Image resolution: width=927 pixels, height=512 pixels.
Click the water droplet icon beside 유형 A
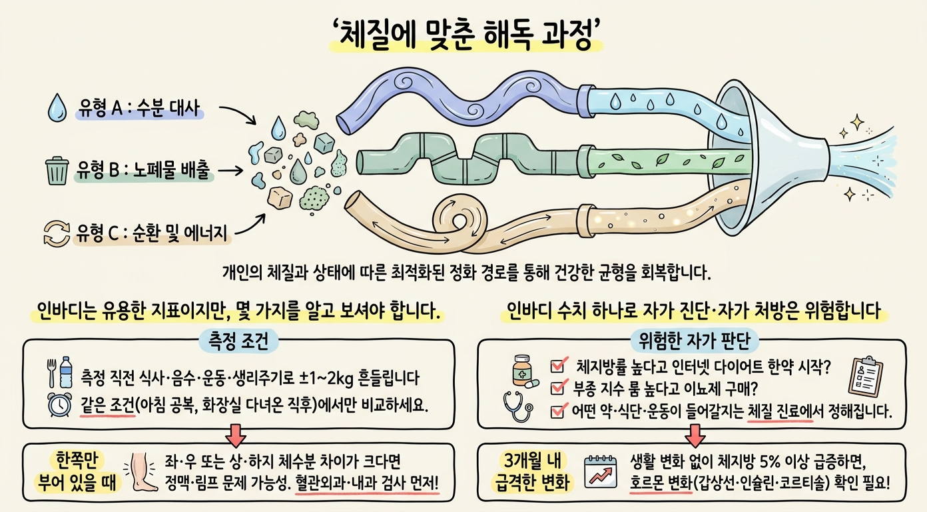[x=57, y=108]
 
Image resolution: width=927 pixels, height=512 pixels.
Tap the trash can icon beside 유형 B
[x=57, y=170]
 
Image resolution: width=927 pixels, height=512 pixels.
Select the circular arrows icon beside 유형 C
[x=57, y=233]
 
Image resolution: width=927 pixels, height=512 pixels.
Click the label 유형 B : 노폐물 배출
[x=143, y=170]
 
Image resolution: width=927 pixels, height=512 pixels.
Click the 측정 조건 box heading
[x=239, y=341]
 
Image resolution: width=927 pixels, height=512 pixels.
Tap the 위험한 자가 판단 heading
[x=695, y=341]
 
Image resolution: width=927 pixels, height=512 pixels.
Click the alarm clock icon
[x=59, y=404]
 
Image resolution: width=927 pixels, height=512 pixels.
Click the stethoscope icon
[x=517, y=407]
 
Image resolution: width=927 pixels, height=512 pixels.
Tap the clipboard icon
[x=865, y=377]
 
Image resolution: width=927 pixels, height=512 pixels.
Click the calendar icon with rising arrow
[x=600, y=472]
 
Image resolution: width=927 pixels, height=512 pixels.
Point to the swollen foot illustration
[x=142, y=472]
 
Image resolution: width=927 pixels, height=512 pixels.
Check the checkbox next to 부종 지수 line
[x=557, y=388]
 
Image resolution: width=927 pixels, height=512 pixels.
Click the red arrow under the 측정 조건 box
[x=236, y=435]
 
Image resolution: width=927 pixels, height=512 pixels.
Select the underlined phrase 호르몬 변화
[x=661, y=483]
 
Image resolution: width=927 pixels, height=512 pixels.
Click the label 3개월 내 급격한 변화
[x=532, y=472]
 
